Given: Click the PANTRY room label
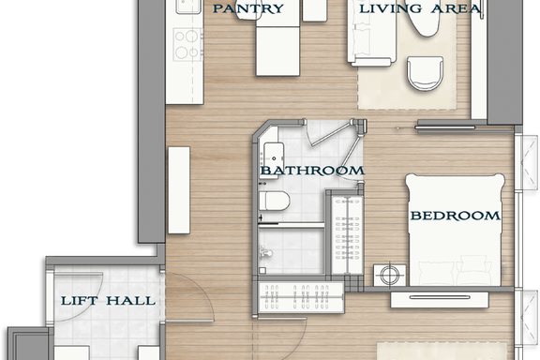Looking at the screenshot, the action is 248,8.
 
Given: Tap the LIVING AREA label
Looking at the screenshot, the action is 420,8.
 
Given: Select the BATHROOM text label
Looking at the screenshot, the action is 312,171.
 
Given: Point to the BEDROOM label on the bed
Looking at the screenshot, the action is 455,216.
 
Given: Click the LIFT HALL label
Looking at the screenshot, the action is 108,301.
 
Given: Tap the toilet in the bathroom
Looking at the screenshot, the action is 274,202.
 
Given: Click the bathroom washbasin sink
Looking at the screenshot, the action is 274,158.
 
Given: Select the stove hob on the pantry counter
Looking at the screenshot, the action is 187,45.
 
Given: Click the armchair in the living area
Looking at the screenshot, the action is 425,73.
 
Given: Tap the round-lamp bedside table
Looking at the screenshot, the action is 390,275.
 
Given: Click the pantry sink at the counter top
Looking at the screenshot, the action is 188,7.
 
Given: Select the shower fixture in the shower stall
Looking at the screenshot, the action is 265,252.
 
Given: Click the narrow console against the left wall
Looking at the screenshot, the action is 179,190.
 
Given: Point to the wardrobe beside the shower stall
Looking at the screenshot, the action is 347,235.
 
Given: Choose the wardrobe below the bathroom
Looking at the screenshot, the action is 301,297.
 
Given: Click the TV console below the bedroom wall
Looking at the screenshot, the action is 440,299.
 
